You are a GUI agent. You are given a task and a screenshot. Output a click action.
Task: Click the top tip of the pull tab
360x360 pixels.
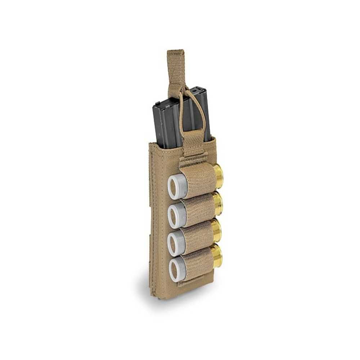[x=176, y=51]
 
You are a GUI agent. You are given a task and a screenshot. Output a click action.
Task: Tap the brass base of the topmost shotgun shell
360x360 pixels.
[x=218, y=176]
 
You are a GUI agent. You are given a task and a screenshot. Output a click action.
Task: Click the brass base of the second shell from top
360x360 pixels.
[x=217, y=203]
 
